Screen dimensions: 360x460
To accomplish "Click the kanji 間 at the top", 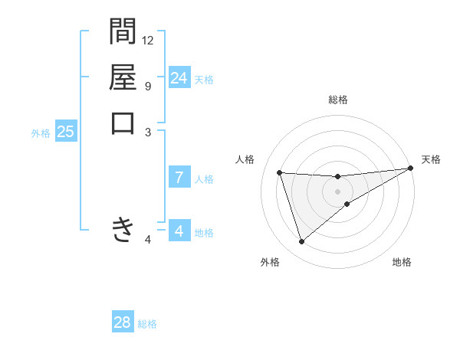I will point(123,32).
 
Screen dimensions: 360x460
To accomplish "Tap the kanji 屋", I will point(123,77).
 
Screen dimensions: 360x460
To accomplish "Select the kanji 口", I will point(123,123).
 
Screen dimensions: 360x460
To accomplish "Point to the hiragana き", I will point(123,229).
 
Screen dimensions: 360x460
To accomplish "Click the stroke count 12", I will point(148,40).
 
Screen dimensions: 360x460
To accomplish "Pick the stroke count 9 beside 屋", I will point(148,86).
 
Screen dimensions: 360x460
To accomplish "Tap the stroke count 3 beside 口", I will point(148,132).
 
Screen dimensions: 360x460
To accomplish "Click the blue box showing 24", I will point(179,78).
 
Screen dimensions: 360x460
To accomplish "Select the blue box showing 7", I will point(179,178).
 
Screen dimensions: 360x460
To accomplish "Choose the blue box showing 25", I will point(66,132).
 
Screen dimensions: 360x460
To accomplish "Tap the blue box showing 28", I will point(123,322).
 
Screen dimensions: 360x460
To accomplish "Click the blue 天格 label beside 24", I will point(204,80).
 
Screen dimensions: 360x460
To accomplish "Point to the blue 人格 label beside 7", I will point(204,179).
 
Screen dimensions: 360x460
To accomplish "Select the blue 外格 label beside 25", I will point(41,133).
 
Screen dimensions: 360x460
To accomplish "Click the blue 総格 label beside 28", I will point(147,324).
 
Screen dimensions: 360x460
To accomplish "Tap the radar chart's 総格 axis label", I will point(338,100).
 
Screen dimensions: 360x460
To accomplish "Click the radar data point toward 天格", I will point(410,169).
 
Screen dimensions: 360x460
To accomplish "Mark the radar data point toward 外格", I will point(301,242).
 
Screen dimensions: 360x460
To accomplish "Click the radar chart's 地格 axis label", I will point(402,263).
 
